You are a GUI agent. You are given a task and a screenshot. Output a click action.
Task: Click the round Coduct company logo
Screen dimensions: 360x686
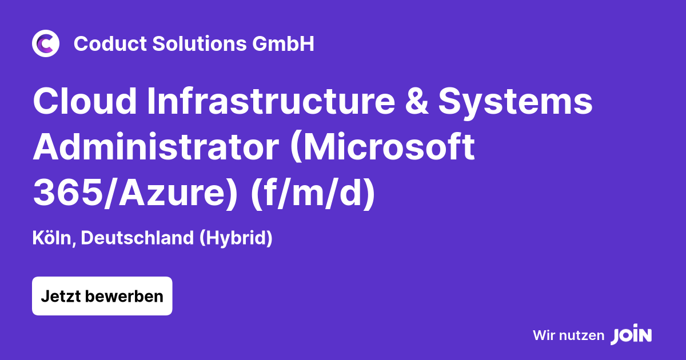pyautogui.click(x=46, y=44)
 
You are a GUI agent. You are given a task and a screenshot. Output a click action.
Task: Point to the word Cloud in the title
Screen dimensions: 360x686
pyautogui.click(x=85, y=102)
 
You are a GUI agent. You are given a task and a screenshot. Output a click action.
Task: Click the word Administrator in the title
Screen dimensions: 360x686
pyautogui.click(x=155, y=148)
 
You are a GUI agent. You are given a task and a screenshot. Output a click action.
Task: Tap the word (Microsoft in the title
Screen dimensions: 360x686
pyautogui.click(x=382, y=148)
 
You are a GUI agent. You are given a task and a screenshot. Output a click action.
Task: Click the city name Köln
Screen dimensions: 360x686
pyautogui.click(x=54, y=238)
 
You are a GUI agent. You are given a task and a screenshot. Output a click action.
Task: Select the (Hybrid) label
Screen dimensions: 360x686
pyautogui.click(x=236, y=238)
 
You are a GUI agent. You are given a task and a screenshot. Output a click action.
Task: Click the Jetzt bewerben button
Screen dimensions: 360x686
pyautogui.click(x=102, y=296)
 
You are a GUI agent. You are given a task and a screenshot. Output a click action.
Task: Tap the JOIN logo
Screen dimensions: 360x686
pyautogui.click(x=631, y=335)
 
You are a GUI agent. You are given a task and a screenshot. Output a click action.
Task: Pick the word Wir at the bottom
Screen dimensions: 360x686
pyautogui.click(x=543, y=335)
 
